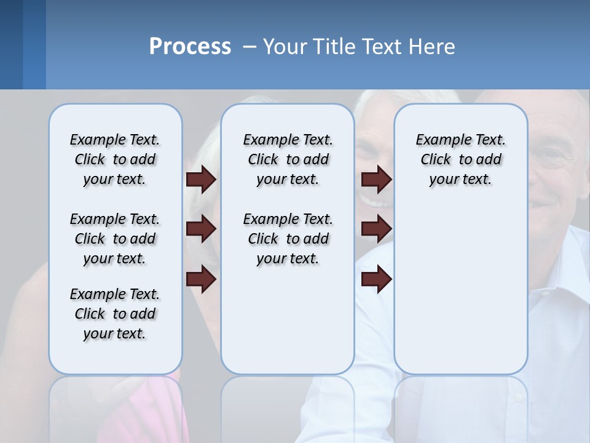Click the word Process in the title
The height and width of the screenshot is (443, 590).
pos(190,46)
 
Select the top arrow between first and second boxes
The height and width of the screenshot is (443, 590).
pos(201,180)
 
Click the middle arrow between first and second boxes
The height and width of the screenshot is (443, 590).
pos(201,229)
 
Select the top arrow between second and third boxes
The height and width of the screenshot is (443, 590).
pos(376,180)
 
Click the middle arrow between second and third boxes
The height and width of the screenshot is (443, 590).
pos(376,229)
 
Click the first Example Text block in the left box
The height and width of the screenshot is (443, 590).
pos(115,159)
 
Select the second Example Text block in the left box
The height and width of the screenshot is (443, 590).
pos(115,239)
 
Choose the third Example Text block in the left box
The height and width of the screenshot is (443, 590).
pos(115,314)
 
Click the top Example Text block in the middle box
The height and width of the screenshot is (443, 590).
pos(288,159)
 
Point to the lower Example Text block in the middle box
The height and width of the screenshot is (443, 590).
pos(288,239)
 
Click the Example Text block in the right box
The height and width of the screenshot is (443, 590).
pos(460,159)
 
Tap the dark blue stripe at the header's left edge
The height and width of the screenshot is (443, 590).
pos(11,44)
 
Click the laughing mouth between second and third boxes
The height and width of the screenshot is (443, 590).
pos(372,201)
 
